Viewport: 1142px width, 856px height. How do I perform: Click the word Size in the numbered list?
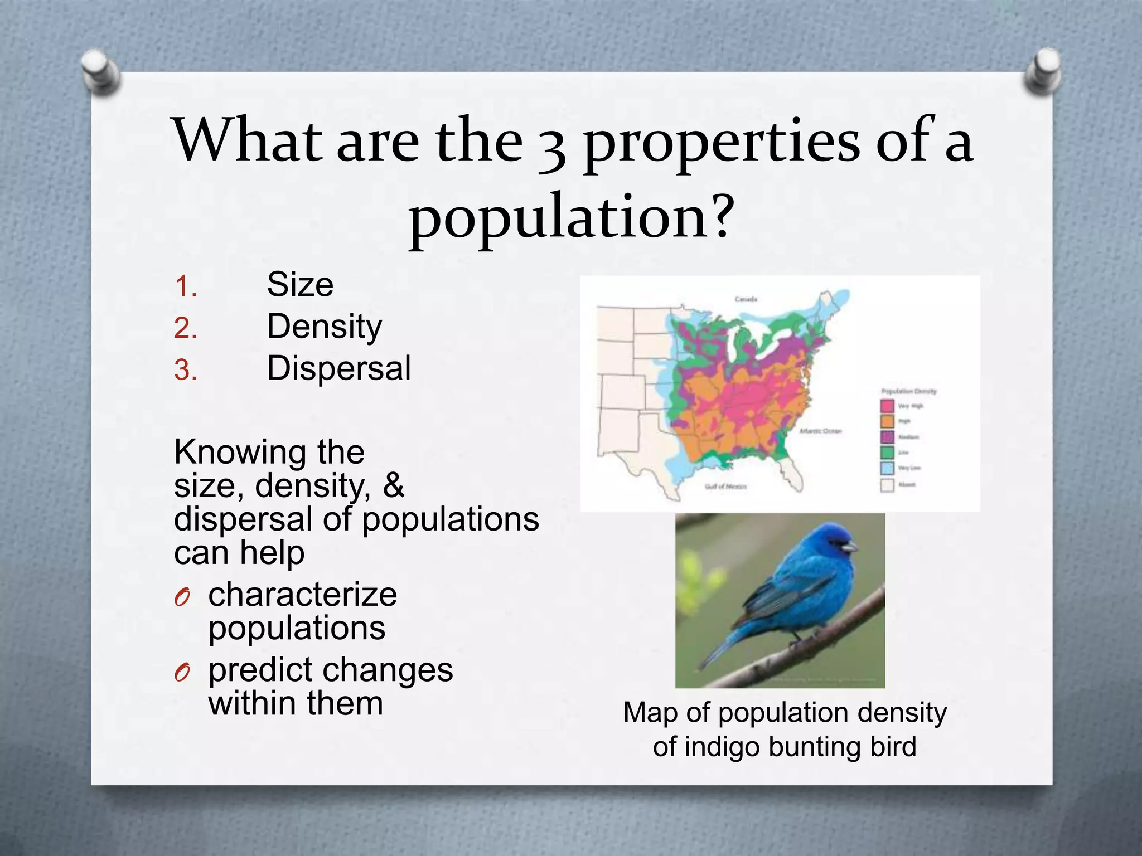[x=300, y=285]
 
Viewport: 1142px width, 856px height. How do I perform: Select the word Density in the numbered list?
[x=325, y=327]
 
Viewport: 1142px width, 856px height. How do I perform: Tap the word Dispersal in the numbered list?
[x=339, y=368]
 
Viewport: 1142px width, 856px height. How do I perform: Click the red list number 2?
[x=185, y=328]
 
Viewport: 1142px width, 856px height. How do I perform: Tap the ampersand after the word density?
[x=393, y=485]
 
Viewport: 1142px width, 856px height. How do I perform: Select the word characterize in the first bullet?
[x=302, y=594]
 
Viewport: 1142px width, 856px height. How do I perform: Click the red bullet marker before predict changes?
[x=182, y=673]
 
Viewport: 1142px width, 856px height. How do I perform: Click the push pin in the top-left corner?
[x=100, y=71]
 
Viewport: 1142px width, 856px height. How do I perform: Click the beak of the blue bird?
[x=849, y=546]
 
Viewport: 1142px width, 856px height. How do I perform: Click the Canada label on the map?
[x=746, y=300]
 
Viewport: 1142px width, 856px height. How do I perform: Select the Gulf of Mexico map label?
[x=725, y=487]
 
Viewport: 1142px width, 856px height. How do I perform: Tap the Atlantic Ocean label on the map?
[x=821, y=431]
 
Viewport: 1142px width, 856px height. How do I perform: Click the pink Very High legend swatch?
[x=887, y=406]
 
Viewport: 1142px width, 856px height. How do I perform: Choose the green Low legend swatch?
[x=887, y=453]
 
